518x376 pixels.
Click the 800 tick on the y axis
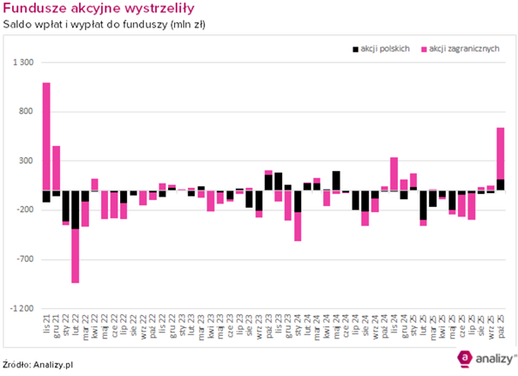point(25,112)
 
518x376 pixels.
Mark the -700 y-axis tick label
point(23,259)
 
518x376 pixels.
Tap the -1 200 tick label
point(21,308)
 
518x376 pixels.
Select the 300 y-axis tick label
point(25,161)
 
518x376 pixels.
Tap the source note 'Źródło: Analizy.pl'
point(38,364)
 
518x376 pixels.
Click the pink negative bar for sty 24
point(298,227)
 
